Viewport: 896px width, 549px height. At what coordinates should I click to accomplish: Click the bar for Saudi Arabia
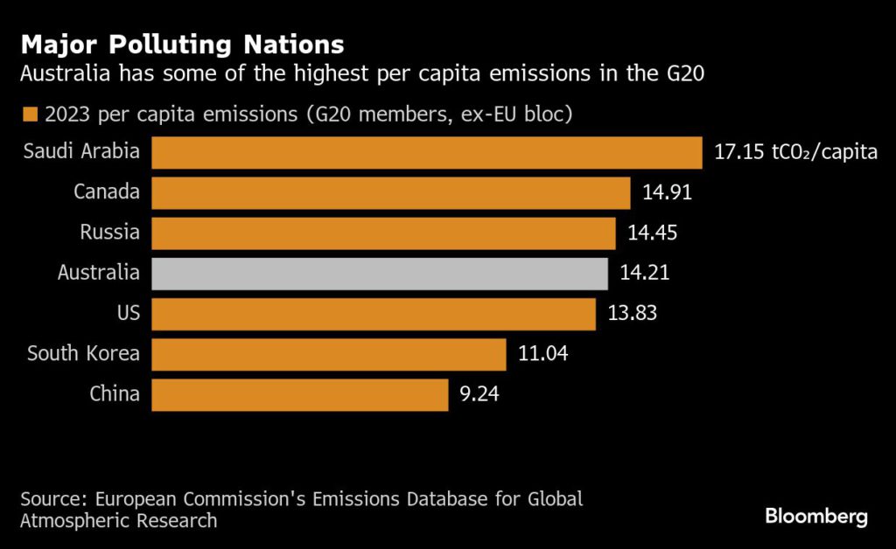pyautogui.click(x=427, y=152)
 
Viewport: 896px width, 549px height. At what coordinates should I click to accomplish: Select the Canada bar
pyautogui.click(x=390, y=192)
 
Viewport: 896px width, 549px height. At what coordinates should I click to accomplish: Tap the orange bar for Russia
pyautogui.click(x=383, y=233)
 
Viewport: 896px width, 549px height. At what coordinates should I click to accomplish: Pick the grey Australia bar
pyautogui.click(x=380, y=273)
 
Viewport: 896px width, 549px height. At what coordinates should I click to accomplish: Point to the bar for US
pyautogui.click(x=374, y=313)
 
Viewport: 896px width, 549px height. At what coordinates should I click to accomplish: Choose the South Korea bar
pyautogui.click(x=329, y=353)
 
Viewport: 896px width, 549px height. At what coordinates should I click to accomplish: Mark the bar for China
pyautogui.click(x=299, y=393)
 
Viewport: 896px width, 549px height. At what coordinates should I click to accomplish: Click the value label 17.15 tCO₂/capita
pyautogui.click(x=795, y=152)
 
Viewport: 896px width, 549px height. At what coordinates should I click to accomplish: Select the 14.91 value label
pyautogui.click(x=668, y=192)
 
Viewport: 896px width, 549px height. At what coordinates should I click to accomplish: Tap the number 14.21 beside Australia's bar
pyautogui.click(x=646, y=273)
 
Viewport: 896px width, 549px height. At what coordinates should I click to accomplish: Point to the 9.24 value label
pyautogui.click(x=480, y=393)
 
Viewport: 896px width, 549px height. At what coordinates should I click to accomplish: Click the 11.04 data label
pyautogui.click(x=544, y=353)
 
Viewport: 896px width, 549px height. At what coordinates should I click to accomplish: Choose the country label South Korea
pyautogui.click(x=83, y=353)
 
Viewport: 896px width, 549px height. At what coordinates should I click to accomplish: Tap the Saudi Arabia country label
pyautogui.click(x=81, y=151)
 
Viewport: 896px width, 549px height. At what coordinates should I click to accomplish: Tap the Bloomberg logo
pyautogui.click(x=816, y=516)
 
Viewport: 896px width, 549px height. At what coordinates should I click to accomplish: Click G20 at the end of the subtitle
pyautogui.click(x=688, y=75)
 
